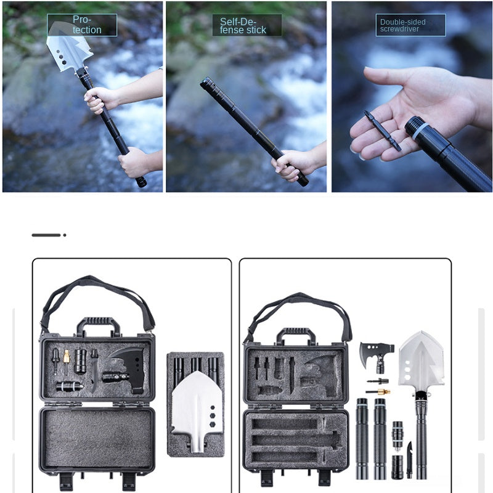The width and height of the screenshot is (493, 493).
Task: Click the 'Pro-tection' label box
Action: [82, 25]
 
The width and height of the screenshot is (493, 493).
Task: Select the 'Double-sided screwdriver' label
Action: [402, 25]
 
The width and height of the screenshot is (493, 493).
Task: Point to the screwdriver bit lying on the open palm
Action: [382, 130]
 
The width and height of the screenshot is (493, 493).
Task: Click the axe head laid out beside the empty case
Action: [375, 354]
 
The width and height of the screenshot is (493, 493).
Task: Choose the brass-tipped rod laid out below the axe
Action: [380, 391]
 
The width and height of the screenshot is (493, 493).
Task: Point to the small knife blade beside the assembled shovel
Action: [409, 459]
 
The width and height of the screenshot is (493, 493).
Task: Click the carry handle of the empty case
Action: [296, 335]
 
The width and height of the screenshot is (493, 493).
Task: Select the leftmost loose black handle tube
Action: [362, 438]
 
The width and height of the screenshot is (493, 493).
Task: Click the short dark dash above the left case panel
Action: [47, 235]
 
